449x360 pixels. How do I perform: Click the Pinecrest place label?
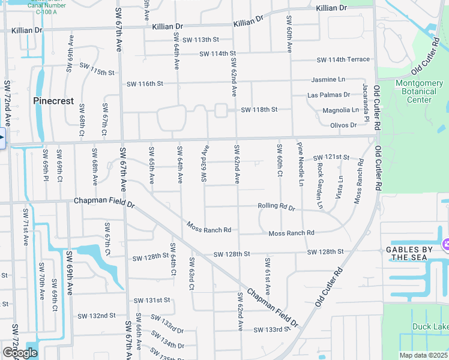click(x=53, y=101)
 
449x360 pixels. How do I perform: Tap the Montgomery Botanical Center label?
click(x=419, y=91)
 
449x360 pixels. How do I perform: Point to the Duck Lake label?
click(x=429, y=327)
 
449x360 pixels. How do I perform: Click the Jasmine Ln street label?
click(x=328, y=79)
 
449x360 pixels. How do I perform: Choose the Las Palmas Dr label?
click(x=328, y=95)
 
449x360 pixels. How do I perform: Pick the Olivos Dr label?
click(x=343, y=125)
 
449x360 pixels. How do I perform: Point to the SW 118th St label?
click(x=259, y=110)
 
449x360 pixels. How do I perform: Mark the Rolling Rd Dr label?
click(x=276, y=206)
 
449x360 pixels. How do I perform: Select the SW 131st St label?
click(x=152, y=300)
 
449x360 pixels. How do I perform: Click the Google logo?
click(x=19, y=353)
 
